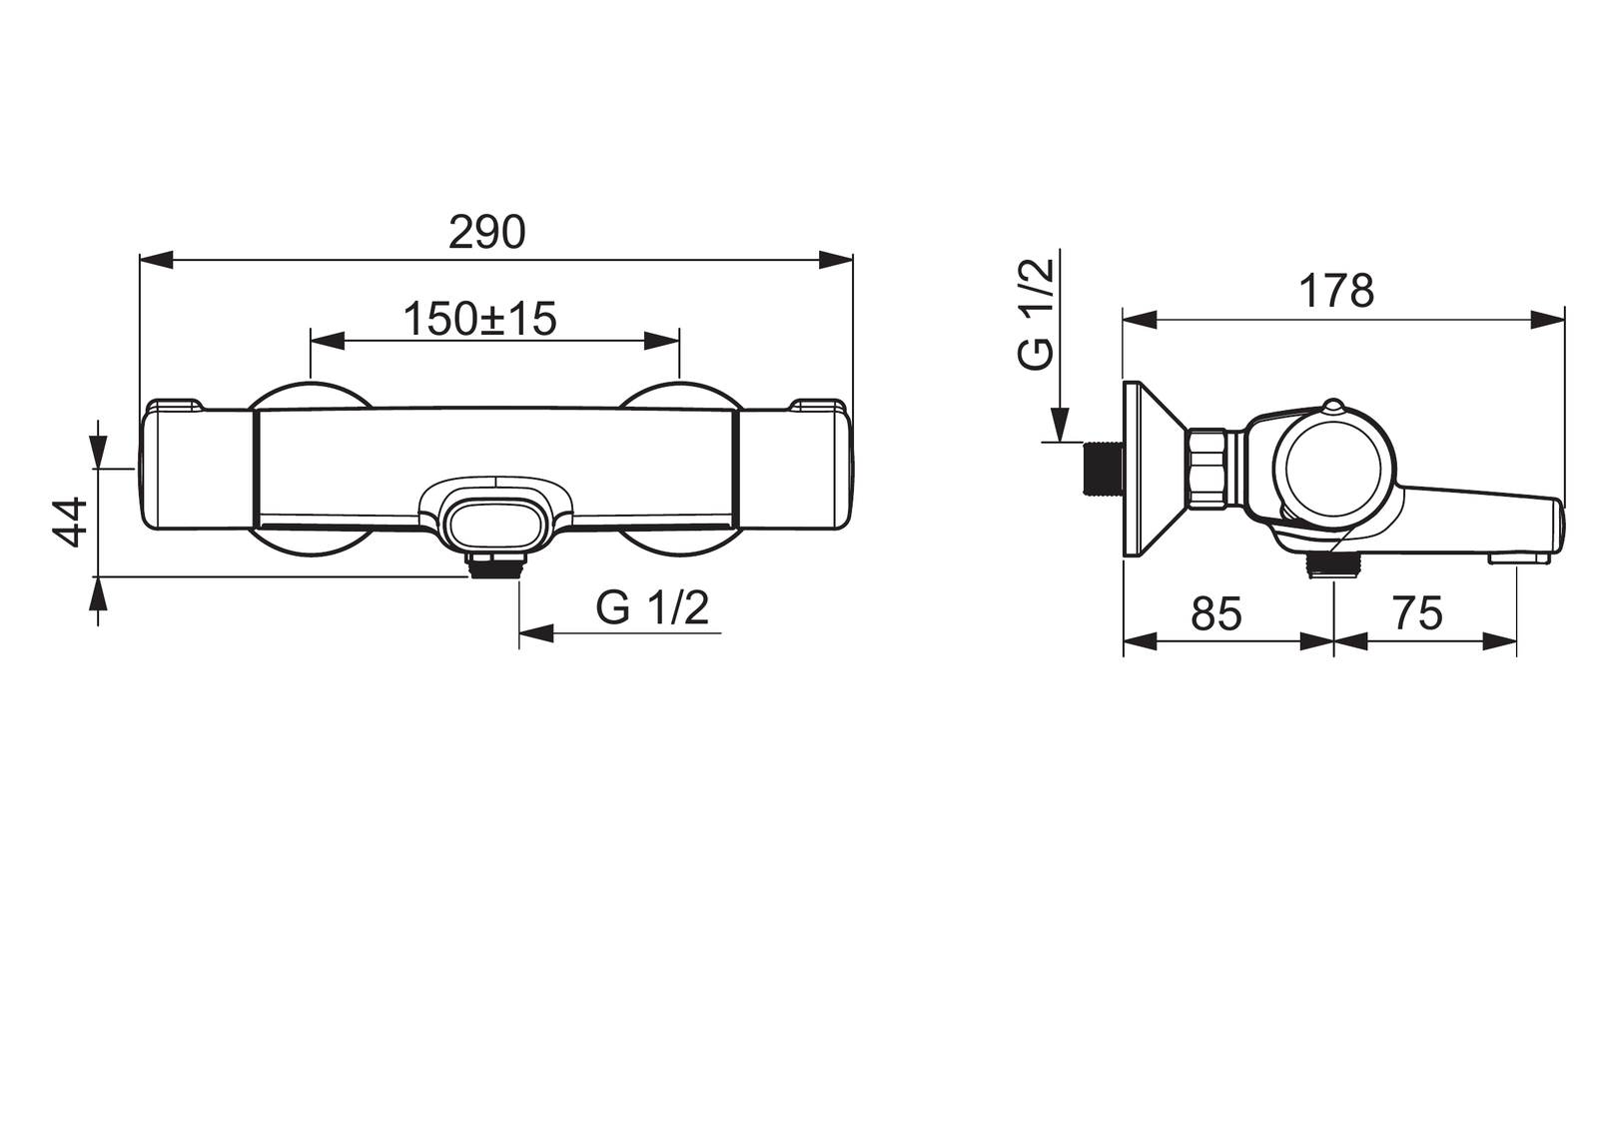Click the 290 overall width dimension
tap(487, 232)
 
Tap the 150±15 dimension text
tap(479, 319)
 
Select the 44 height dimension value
tap(70, 523)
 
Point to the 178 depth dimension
tap(1336, 291)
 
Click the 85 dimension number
tap(1216, 613)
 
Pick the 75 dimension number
tap(1417, 613)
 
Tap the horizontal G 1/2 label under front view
tap(652, 608)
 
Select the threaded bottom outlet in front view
tap(497, 566)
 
